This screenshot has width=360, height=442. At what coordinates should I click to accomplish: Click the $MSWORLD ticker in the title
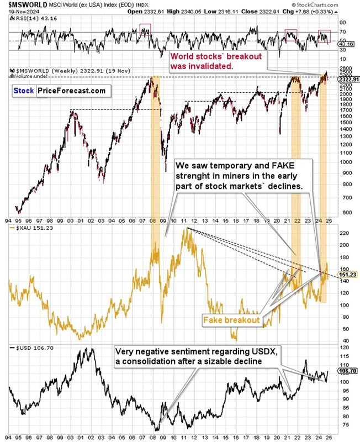coord(24,4)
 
